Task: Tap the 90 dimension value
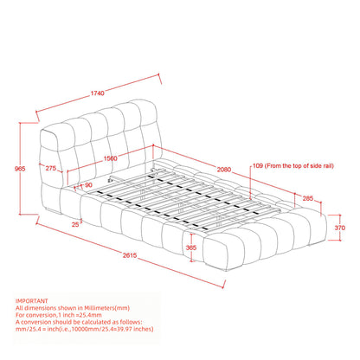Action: (88, 185)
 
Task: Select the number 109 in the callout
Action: (257, 164)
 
